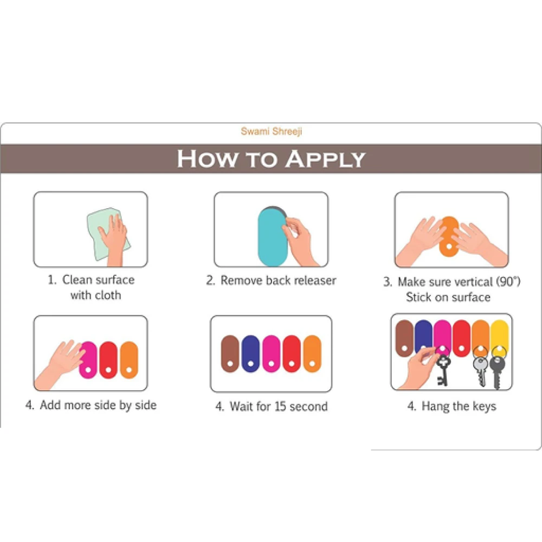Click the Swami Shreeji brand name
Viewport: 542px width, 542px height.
[272, 131]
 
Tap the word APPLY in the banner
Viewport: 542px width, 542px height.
[325, 159]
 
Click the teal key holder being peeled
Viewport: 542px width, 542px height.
[273, 236]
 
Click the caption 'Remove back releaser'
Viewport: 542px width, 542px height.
[271, 280]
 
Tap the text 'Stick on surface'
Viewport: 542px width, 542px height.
[448, 297]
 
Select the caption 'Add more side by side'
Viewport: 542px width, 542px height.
[91, 405]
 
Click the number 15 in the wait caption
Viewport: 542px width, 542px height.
[280, 406]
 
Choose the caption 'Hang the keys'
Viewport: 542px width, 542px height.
[452, 406]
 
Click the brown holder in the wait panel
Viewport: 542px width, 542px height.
[230, 353]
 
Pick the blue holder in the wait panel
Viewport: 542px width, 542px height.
[250, 353]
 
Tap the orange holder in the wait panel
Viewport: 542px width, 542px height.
[312, 353]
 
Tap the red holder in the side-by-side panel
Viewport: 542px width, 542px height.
[108, 360]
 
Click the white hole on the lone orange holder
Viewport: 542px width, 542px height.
[449, 247]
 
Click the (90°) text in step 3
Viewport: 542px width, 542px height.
[508, 282]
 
